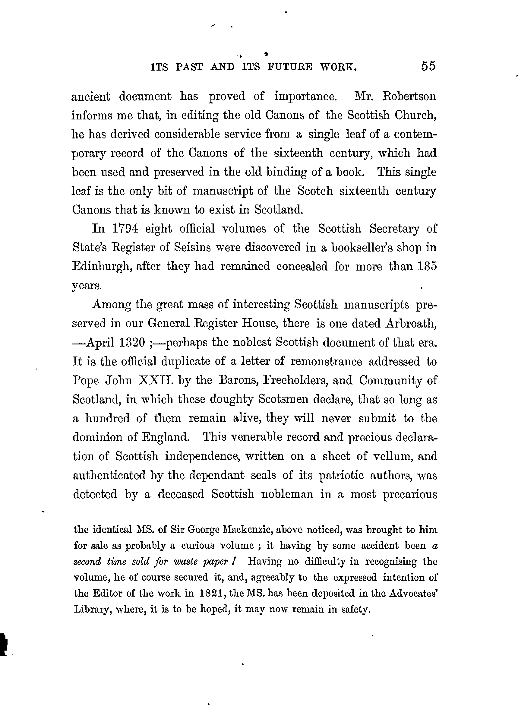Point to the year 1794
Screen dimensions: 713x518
125,229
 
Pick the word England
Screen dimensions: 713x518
165,437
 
